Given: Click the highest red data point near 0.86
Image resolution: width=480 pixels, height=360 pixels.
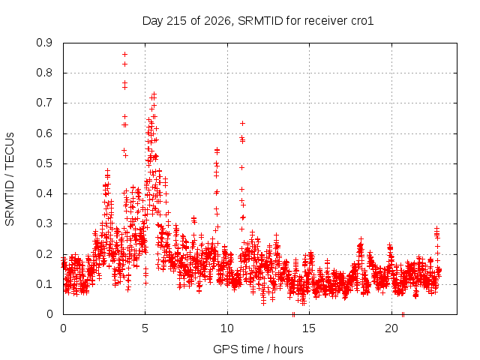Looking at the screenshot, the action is point(125,55).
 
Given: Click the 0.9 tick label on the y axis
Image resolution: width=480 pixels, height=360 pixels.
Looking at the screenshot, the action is point(44,43).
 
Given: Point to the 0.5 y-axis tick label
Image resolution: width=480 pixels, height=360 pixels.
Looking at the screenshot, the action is point(44,163).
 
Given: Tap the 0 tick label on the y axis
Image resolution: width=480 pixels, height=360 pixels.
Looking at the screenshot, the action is point(49,314).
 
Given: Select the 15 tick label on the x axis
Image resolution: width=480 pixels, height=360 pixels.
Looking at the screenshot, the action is point(309,328).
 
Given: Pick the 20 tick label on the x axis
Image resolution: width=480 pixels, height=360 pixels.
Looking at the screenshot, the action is point(391,328).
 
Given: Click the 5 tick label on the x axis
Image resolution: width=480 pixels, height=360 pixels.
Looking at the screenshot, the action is point(145,328).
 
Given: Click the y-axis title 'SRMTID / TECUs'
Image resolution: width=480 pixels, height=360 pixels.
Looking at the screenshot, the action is point(10,179).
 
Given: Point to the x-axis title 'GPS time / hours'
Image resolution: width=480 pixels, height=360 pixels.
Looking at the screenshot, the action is point(258,349).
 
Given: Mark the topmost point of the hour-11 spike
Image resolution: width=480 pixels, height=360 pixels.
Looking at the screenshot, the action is point(242,123).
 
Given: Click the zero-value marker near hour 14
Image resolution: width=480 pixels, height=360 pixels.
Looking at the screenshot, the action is point(293,314).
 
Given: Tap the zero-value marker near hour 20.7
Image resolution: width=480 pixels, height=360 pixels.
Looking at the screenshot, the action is point(403,314).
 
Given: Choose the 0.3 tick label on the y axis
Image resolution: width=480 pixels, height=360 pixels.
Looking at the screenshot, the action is point(44,223).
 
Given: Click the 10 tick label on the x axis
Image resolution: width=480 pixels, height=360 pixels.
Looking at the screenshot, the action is point(226,328).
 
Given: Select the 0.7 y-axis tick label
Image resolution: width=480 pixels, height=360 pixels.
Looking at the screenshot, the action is point(44,103).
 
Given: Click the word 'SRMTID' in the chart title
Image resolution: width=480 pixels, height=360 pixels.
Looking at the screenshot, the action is point(260,21).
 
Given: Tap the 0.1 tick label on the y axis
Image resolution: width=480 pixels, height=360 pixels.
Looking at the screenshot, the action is point(44,284).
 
